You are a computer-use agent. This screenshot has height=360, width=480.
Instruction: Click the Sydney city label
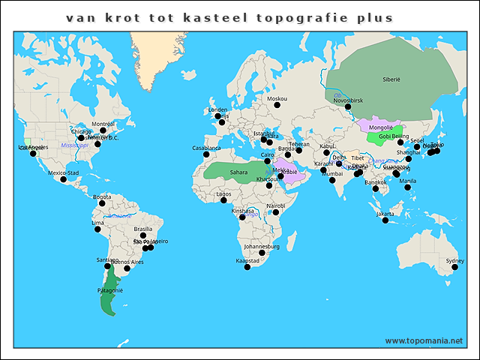455,261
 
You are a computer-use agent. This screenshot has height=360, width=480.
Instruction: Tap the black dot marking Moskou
277,105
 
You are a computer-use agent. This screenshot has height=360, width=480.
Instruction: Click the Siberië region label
391,78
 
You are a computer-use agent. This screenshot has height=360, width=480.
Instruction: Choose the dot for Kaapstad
247,266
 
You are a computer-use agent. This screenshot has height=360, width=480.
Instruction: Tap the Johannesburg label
262,246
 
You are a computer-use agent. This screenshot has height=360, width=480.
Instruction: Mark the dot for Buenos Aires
127,268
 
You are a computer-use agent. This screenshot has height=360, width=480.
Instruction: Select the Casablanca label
207,148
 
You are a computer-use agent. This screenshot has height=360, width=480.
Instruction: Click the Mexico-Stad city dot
63,179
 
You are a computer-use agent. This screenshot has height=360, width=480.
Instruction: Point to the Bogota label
102,196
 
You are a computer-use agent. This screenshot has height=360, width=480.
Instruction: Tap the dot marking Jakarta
385,220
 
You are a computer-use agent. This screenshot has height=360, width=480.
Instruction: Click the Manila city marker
408,187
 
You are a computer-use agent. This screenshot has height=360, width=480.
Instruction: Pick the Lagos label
223,193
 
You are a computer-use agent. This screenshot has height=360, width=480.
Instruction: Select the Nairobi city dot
276,212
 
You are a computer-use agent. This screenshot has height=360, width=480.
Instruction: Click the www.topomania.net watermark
424,340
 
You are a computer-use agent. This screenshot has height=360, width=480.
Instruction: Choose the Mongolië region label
382,128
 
